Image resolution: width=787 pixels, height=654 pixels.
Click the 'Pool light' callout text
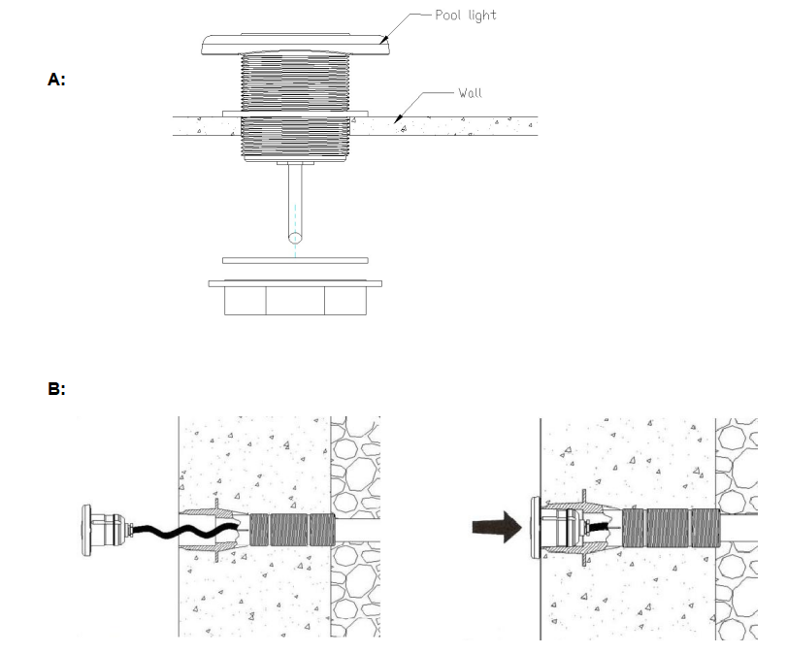pyautogui.click(x=465, y=16)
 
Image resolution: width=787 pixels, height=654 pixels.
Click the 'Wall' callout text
pyautogui.click(x=470, y=93)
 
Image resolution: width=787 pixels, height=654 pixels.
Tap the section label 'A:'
pyautogui.click(x=56, y=80)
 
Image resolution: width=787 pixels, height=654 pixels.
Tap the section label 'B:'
pyautogui.click(x=56, y=389)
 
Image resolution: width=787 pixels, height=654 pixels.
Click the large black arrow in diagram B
pyautogui.click(x=497, y=527)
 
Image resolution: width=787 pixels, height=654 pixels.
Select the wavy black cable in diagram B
pyautogui.click(x=183, y=531)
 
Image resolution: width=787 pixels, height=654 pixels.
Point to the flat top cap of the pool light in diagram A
pyautogui.click(x=295, y=45)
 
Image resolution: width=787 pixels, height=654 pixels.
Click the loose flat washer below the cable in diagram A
pyautogui.click(x=295, y=260)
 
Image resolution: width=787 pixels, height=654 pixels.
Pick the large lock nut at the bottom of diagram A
pyautogui.click(x=295, y=298)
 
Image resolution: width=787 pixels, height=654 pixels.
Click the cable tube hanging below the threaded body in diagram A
pyautogui.click(x=295, y=203)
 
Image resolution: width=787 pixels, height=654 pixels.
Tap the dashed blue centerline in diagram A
pyautogui.click(x=295, y=231)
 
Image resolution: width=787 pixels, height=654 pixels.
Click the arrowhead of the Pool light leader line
pyautogui.click(x=384, y=40)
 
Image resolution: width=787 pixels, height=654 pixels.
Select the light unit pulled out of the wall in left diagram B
pyautogui.click(x=108, y=531)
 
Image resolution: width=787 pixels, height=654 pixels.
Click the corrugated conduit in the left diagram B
pyautogui.click(x=292, y=530)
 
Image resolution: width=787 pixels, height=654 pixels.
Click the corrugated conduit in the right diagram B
pyautogui.click(x=672, y=528)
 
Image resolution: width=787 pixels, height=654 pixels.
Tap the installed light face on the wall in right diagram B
pyautogui.click(x=536, y=528)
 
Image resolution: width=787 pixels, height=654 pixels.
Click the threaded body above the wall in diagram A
pyautogui.click(x=295, y=82)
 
